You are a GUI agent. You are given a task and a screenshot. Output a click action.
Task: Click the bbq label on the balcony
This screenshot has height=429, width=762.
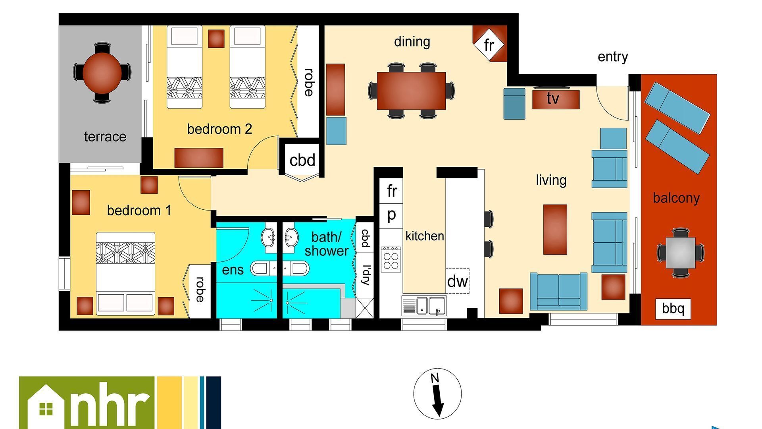pyautogui.click(x=673, y=308)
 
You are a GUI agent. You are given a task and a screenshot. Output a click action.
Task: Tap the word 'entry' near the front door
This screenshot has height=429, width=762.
pyautogui.click(x=613, y=57)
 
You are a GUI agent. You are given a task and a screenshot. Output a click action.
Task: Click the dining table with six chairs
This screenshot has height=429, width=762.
pyautogui.click(x=412, y=91)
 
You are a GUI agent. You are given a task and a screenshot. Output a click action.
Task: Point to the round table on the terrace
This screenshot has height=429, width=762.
pyautogui.click(x=102, y=73)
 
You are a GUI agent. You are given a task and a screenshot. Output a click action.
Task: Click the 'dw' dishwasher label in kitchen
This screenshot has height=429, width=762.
pyautogui.click(x=458, y=281)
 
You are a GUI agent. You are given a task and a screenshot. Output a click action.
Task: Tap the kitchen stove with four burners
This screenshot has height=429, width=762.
pyautogui.click(x=391, y=259)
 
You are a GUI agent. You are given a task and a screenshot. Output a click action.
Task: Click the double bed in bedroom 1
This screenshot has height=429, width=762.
pyautogui.click(x=125, y=274)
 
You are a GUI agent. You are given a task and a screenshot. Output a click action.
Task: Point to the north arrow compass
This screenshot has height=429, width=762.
pyautogui.click(x=437, y=394)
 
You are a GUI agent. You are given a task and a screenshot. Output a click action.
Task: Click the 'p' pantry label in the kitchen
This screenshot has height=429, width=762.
pyautogui.click(x=391, y=215)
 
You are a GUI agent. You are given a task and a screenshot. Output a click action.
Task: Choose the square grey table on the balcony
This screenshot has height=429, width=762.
pyautogui.click(x=680, y=252)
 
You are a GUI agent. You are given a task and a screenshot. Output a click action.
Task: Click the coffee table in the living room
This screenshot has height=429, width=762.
pyautogui.click(x=555, y=229)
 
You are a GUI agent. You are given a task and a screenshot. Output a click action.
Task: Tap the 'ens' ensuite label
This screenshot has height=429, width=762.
pyautogui.click(x=233, y=270)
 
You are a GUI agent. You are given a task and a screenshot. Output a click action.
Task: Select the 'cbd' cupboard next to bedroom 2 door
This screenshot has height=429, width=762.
pyautogui.click(x=302, y=160)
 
